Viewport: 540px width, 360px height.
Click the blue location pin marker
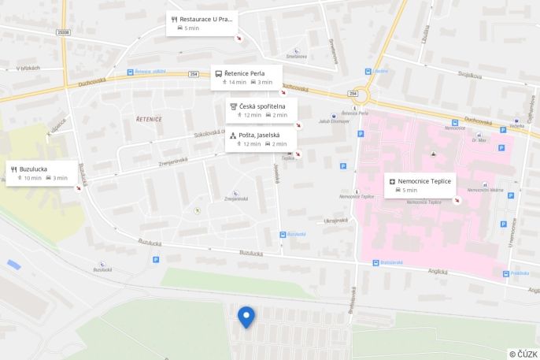(246, 316)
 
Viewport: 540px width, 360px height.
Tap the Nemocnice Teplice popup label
(423, 181)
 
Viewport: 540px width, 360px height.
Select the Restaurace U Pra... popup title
(206, 18)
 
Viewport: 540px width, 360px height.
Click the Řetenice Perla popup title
(244, 73)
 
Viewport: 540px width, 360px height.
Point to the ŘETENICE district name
(148, 119)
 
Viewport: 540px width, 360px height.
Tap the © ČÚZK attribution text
(523, 354)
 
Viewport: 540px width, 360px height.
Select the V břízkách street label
(28, 69)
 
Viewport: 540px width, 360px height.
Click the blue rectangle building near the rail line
(13, 265)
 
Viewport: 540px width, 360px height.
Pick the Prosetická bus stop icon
(505, 273)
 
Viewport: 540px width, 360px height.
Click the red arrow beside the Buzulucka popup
(81, 187)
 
